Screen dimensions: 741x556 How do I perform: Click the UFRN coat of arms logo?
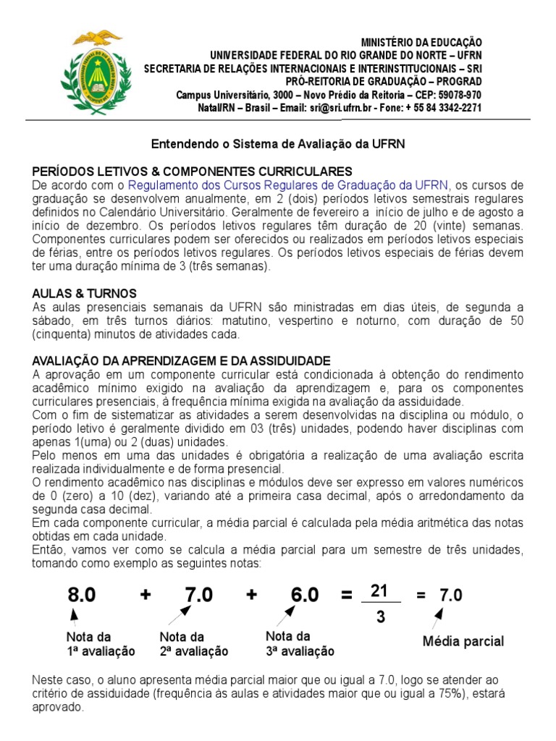pos(91,73)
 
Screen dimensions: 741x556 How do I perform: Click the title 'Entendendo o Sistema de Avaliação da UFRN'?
pos(277,144)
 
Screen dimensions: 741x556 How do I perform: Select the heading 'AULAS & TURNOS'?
pos(85,293)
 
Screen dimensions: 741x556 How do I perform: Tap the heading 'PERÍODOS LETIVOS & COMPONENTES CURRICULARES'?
pos(193,172)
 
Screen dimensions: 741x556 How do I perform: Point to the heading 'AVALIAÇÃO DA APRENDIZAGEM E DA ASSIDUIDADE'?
pos(182,360)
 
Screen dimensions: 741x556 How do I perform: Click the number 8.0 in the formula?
pos(82,595)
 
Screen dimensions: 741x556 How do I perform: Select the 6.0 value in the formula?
pos(305,595)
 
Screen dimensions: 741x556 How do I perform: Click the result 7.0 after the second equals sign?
pos(450,596)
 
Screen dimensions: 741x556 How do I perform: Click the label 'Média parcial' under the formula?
pos(463,641)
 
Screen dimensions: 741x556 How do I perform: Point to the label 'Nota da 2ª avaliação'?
pos(193,644)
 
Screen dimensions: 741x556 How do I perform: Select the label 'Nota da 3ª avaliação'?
pos(300,644)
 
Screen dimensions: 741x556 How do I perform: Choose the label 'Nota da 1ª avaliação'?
pos(100,644)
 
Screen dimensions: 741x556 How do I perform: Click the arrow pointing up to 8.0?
pos(73,617)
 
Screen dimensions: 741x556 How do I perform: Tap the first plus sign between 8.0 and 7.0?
pos(147,595)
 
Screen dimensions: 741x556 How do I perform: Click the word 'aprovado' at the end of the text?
pos(59,708)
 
